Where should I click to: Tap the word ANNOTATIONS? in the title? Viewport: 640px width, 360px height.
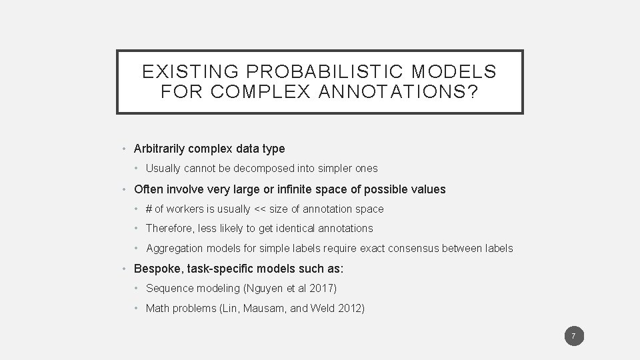tap(395, 92)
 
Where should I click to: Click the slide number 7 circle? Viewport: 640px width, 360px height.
tap(574, 336)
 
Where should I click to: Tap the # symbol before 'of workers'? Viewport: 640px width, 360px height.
tap(149, 209)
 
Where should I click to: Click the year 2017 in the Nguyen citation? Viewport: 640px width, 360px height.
tap(323, 289)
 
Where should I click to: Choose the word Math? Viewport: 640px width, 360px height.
tap(158, 309)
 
